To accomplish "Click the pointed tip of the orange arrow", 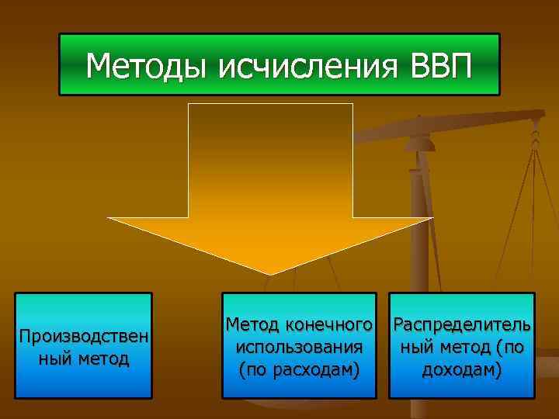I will pyautogui.click(x=271, y=272).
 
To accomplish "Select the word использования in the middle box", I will pyautogui.click(x=300, y=346).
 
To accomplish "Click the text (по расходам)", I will pyautogui.click(x=300, y=369).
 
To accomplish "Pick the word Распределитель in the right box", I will pyautogui.click(x=463, y=321).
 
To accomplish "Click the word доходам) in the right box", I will pyautogui.click(x=462, y=369).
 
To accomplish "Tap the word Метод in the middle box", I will pyautogui.click(x=251, y=321).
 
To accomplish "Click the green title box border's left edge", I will pyautogui.click(x=60, y=64).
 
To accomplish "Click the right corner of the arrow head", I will pyautogui.click(x=432, y=219).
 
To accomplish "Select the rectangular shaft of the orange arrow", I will pyautogui.click(x=271, y=159).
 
